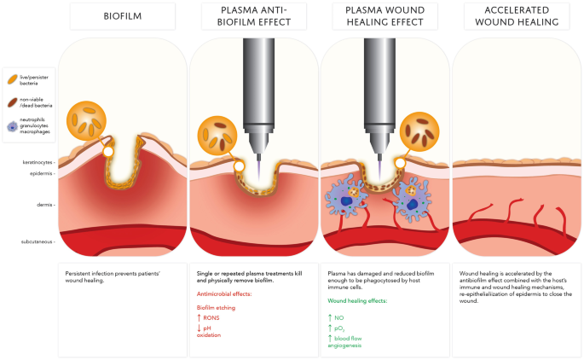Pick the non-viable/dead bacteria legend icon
point(14,103)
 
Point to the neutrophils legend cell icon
point(14,126)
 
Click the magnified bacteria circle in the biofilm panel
point(88,119)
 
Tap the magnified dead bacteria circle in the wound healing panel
point(421,131)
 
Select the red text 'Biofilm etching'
point(216,306)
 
